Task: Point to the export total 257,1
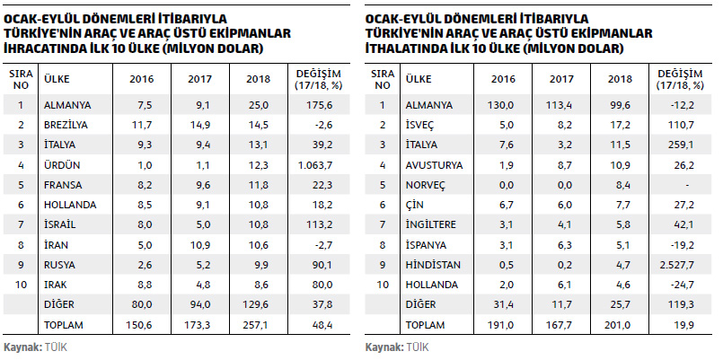click(x=258, y=323)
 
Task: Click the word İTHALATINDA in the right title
click(x=405, y=48)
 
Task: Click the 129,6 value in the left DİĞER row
click(x=258, y=304)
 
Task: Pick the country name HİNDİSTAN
click(x=434, y=265)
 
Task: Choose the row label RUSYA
click(x=61, y=265)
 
